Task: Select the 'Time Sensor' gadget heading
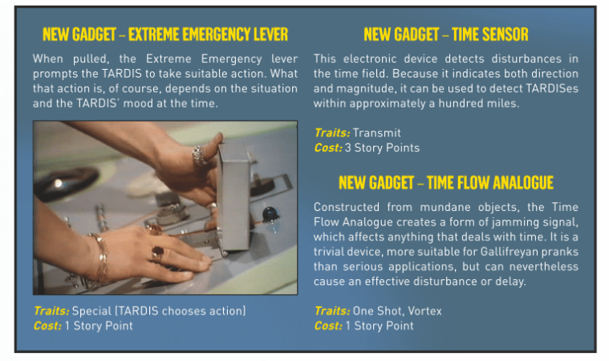pos(446,34)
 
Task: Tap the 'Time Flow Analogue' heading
pos(446,182)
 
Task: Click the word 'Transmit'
pos(376,132)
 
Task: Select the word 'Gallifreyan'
pos(510,252)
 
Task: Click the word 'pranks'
pos(560,253)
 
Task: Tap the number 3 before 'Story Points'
pos(347,148)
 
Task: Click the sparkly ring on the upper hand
pos(199,155)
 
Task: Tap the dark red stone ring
pos(157,254)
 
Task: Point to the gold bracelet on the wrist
pos(100,258)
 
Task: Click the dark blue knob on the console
pos(270,214)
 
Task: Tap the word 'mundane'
pos(445,207)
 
